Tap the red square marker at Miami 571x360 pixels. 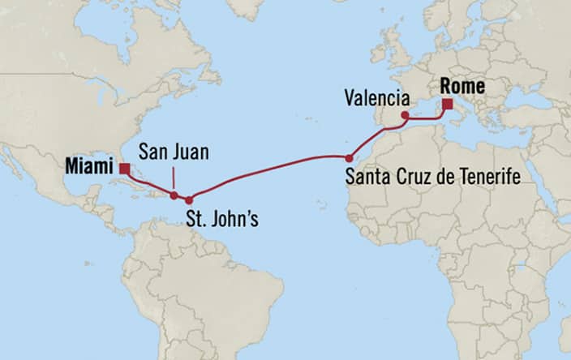[x=124, y=169]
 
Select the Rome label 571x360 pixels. [x=463, y=86]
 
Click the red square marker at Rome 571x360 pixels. [x=447, y=104]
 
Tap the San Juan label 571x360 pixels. [x=173, y=152]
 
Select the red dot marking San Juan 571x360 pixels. [x=174, y=195]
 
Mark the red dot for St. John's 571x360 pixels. [x=189, y=200]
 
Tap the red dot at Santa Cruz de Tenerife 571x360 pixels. [x=349, y=158]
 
